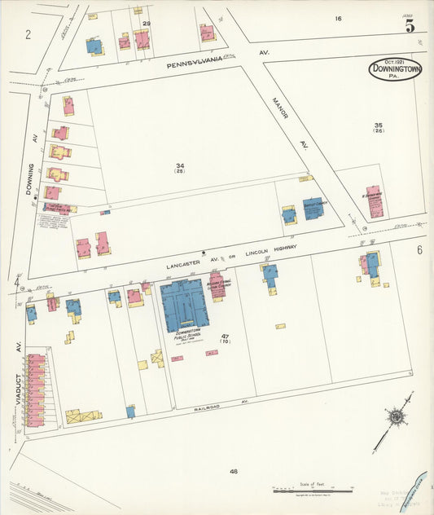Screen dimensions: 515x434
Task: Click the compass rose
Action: tap(397, 418)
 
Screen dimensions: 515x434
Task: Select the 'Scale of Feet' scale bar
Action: tap(311, 491)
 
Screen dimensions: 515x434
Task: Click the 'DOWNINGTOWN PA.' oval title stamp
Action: tap(395, 70)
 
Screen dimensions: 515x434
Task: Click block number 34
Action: tap(180, 166)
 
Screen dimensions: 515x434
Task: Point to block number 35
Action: tap(378, 125)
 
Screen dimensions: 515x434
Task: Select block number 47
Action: tap(225, 336)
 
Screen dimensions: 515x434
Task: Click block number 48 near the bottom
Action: tap(234, 471)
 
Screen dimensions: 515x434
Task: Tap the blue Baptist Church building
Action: tap(313, 209)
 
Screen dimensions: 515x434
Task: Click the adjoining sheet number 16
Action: tap(337, 18)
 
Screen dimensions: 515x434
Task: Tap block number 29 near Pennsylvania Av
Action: tap(147, 24)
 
